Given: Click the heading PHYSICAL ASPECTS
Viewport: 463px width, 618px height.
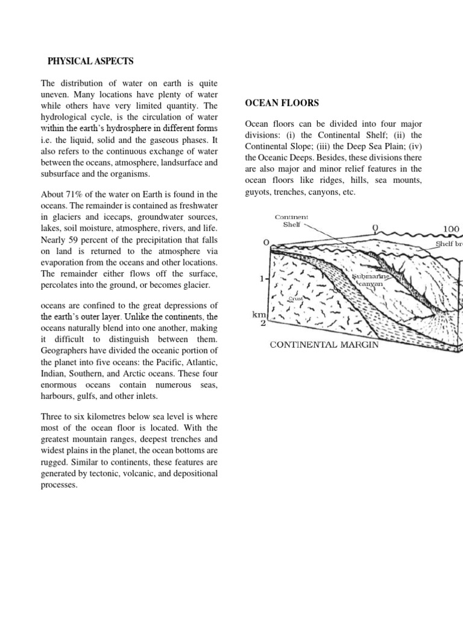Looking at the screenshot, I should pos(90,62).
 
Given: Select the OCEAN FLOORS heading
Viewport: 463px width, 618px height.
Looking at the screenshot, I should pos(282,103).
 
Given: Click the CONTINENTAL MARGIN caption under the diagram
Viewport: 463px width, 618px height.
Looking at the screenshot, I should pos(324,345).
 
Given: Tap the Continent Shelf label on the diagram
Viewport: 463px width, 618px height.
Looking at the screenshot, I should pos(292,220).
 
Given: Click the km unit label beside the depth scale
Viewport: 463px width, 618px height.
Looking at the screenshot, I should pos(259,314).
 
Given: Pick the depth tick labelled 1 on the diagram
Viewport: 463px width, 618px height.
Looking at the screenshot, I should pos(261,279).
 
